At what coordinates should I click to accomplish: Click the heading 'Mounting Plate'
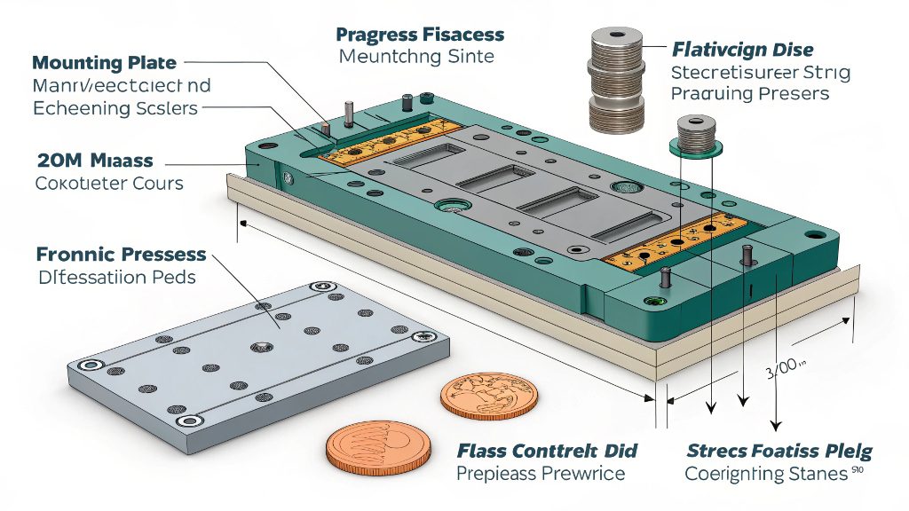104,63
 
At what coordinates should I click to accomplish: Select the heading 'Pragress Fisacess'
420,35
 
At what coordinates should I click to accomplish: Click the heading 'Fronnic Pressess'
121,255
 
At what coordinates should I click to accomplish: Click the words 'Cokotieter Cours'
109,184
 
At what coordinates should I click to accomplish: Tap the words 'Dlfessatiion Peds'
116,277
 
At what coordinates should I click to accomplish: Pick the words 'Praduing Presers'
750,93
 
